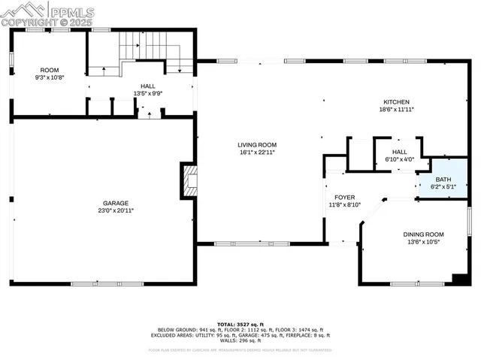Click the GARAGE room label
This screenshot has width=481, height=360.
[115, 203]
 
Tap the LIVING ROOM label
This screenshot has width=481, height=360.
[257, 144]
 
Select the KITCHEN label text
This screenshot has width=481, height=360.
[397, 101]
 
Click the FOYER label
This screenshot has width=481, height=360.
[345, 197]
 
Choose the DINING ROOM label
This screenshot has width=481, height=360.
[423, 234]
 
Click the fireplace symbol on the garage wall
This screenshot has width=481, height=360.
[189, 180]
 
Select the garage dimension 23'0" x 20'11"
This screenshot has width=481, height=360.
[115, 210]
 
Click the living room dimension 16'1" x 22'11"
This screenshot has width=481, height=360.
[257, 152]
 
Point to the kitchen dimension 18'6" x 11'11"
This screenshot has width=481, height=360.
[397, 109]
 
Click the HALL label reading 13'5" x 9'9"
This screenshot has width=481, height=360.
[148, 93]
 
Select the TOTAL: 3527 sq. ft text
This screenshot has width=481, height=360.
[240, 322]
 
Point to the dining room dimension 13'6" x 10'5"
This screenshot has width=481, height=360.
[423, 241]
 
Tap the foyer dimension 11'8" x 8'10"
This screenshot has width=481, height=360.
[345, 204]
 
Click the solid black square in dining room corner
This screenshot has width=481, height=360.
[459, 279]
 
